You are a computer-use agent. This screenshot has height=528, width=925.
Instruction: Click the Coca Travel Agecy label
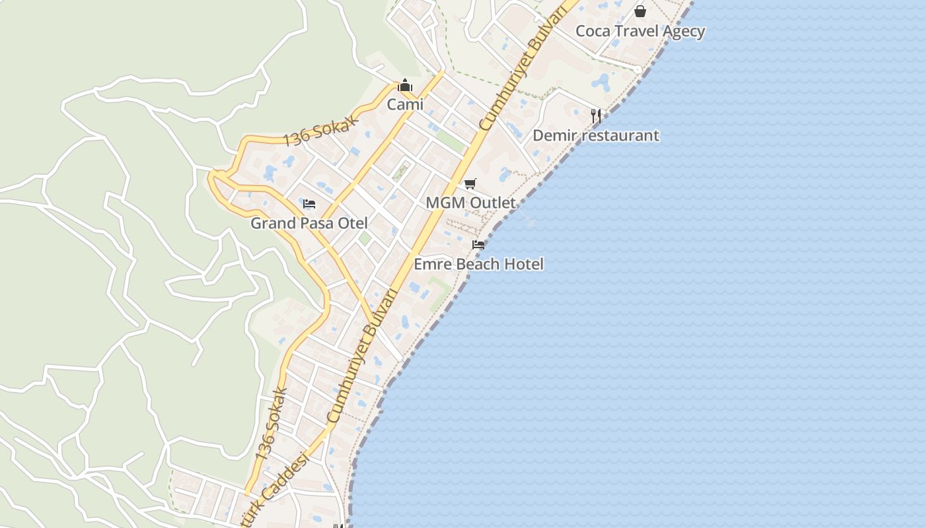click(640, 31)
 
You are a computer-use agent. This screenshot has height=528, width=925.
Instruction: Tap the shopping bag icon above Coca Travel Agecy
click(640, 11)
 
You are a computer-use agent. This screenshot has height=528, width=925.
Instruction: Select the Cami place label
click(405, 104)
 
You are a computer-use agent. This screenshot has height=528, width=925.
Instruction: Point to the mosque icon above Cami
click(405, 86)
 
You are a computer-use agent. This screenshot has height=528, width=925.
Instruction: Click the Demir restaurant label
click(595, 135)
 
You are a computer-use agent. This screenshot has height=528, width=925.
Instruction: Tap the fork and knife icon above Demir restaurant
click(596, 115)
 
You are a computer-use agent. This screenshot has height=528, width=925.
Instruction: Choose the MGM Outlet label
click(470, 203)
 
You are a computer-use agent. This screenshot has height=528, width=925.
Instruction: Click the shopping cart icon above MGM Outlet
click(470, 183)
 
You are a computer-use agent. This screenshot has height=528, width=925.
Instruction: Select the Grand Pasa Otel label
click(309, 223)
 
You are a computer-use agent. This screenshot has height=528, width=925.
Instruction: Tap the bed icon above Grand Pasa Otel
click(309, 204)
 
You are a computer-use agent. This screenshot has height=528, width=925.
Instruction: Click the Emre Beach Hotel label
click(478, 264)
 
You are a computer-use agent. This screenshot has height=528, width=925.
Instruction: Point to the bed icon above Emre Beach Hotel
click(478, 245)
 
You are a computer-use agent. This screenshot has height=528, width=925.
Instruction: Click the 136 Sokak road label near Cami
click(320, 130)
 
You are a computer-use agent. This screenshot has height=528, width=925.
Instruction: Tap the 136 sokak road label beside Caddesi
click(272, 424)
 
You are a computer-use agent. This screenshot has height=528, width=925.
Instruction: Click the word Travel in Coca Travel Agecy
click(640, 31)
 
